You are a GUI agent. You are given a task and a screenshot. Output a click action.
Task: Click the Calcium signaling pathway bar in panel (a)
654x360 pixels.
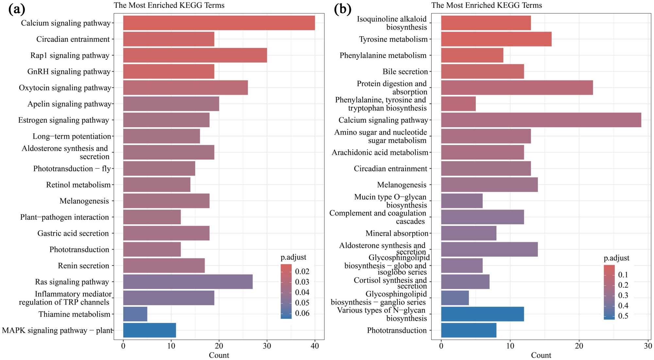[219, 23]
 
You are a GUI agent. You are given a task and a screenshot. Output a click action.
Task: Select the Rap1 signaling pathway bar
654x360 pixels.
[195, 55]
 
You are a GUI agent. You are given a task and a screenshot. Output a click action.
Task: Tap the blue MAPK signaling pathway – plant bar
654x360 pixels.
[149, 330]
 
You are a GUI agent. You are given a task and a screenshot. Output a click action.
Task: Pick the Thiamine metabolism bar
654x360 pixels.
[135, 314]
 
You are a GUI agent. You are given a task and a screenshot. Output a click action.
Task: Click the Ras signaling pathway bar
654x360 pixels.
[188, 282]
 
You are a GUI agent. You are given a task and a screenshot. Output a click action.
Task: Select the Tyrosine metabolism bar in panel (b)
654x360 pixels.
[496, 39]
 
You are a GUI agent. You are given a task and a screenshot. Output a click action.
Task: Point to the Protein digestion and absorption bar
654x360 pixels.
[517, 88]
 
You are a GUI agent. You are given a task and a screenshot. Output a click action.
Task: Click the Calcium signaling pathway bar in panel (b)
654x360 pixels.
[541, 120]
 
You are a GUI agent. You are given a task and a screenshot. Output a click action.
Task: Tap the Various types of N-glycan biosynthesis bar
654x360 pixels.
[482, 314]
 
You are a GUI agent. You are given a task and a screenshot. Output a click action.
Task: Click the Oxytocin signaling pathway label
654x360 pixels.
[65, 88]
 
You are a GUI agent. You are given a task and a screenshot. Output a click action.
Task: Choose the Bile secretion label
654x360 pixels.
[405, 72]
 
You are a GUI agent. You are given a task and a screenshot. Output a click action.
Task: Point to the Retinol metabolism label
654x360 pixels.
[78, 185]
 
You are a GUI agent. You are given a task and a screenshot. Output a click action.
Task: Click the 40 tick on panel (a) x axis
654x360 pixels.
[315, 346]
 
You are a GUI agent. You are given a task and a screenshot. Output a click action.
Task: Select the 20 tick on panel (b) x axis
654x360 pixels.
[579, 346]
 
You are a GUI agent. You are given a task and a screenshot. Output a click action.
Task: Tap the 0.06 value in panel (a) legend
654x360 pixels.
[302, 313]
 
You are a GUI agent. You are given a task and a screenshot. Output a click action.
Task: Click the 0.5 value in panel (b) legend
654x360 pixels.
[623, 316]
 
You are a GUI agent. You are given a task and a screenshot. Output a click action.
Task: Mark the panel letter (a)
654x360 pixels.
[17, 9]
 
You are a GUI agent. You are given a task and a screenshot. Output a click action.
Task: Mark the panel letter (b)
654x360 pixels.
[342, 9]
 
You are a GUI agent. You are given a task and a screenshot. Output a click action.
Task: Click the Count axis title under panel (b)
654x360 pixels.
[541, 355]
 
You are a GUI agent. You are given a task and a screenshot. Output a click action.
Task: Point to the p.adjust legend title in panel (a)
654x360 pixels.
[293, 257]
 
